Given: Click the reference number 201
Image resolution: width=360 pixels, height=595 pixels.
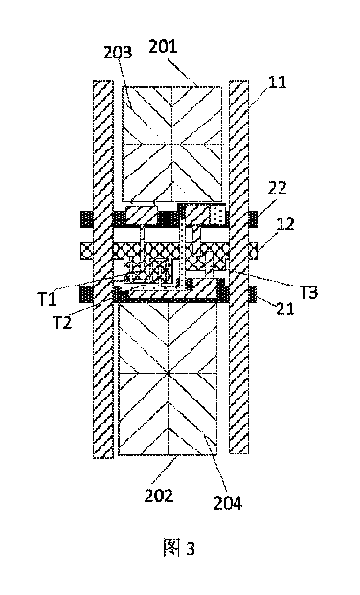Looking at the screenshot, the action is click(163, 47).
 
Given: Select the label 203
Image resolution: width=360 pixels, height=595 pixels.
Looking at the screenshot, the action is click(118, 53).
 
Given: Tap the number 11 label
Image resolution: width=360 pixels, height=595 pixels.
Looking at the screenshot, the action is click(277, 81).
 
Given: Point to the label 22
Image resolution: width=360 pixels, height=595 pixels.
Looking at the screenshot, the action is click(278, 188).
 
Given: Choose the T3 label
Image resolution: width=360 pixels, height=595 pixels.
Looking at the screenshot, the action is click(308, 292).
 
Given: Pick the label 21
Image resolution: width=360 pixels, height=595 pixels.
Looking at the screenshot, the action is click(285, 309).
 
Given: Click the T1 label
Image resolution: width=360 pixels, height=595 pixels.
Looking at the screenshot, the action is click(47, 299).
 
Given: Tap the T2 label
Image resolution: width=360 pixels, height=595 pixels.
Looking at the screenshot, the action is click(62, 323).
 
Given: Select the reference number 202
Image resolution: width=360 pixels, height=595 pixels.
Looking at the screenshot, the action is click(159, 495).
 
